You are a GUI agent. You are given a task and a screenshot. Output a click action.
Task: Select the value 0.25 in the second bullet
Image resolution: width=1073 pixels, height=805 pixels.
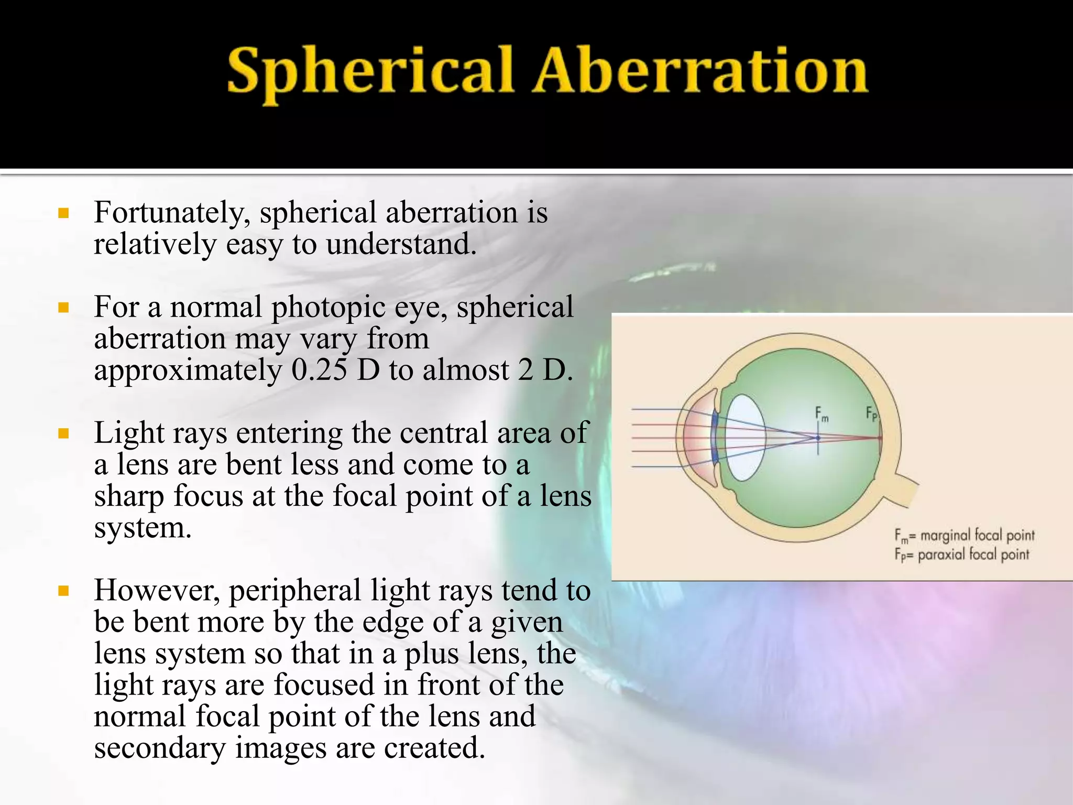pos(319,370)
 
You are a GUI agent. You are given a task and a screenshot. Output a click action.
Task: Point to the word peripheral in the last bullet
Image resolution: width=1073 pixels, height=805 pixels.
pos(294,591)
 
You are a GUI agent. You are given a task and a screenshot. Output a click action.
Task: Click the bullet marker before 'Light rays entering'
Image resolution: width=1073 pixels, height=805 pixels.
pos(64,433)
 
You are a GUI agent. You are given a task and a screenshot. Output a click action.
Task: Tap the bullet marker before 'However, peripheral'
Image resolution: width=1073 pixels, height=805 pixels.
pos(64,591)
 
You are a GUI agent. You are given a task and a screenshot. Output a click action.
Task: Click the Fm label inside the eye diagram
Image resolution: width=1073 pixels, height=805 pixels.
pos(822,414)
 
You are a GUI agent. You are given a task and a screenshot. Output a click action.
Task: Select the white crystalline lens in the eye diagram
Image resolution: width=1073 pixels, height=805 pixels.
pos(746,438)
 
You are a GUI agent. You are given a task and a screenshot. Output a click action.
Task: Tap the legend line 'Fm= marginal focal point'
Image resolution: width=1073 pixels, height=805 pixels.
pos(964,536)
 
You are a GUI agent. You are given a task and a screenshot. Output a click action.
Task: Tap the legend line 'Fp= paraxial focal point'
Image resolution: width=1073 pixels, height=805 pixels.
pos(961,554)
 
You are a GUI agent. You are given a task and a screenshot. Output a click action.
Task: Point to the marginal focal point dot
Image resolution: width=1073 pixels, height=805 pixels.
pos(818,438)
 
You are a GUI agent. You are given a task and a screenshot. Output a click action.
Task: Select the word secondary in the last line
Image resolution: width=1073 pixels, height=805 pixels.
pos(160,748)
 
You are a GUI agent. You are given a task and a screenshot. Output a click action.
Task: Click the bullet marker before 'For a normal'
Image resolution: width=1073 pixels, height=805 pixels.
pos(64,308)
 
